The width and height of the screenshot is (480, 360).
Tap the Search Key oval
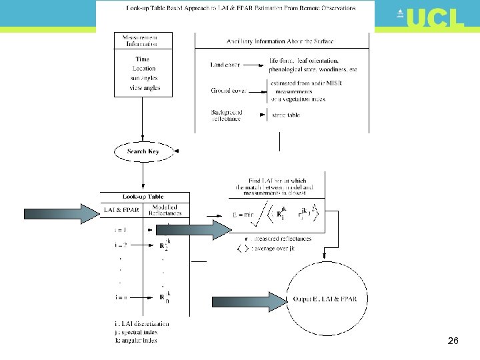tap(143, 151)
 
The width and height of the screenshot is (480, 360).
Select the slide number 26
tap(453, 341)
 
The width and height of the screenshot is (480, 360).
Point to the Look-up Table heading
tap(143, 197)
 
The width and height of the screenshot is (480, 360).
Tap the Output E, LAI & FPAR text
tap(325, 299)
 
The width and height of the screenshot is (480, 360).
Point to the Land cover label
tap(225, 65)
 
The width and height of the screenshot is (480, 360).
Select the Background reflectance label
tap(227, 115)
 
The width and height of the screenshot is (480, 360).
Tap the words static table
tap(285, 115)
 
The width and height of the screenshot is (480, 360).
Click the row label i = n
tap(121, 297)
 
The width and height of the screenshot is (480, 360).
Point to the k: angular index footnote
tap(136, 340)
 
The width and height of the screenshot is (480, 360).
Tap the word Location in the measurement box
tap(143, 68)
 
